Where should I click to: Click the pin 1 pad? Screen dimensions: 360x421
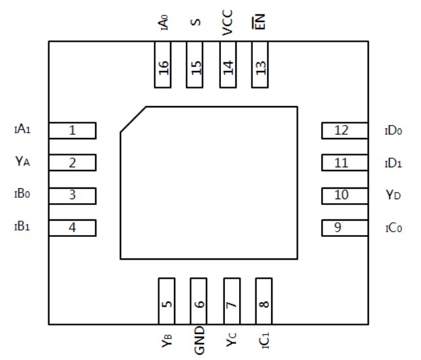coord(72,130)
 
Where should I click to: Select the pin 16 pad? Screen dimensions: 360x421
coord(163,65)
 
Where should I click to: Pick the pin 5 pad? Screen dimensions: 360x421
coord(167,301)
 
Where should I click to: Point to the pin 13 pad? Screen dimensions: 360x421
coord(260,65)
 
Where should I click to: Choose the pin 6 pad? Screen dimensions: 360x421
coord(199,301)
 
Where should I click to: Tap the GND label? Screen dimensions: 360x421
coord(199,340)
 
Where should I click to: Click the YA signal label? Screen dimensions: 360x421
coord(23,161)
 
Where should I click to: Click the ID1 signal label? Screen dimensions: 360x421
coord(393,163)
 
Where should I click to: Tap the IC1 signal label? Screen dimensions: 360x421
coord(263,339)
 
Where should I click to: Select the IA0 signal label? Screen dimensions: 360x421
coord(164,23)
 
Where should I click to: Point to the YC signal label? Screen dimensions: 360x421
coord(231,339)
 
